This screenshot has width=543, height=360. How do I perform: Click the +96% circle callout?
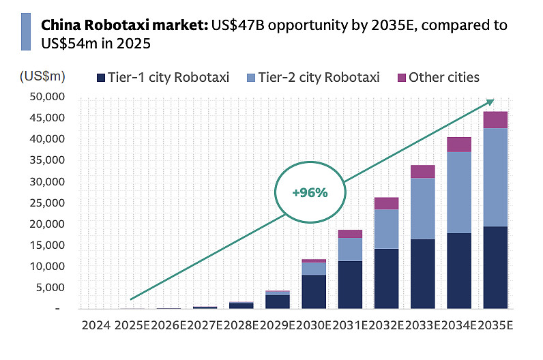pos(310,192)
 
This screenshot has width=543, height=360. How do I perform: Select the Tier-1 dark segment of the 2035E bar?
pos(495,267)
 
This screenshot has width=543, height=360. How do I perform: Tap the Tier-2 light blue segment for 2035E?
pos(495,177)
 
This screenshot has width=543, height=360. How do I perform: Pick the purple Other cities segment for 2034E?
pos(458,145)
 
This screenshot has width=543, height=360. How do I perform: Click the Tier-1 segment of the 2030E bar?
pos(313,292)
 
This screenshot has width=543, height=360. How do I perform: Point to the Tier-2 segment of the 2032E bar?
pos(386,229)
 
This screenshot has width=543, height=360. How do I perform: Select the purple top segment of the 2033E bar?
pos(422,172)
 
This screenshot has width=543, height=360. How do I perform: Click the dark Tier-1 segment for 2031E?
pos(349,285)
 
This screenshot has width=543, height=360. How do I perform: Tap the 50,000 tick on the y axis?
pos(48,97)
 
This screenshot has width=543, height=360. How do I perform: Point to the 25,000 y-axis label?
pos(48,202)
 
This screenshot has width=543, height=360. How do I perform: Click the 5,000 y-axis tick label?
pos(51,287)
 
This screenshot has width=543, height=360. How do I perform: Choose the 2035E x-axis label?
pos(496,326)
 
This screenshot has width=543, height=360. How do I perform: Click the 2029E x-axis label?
pos(277,326)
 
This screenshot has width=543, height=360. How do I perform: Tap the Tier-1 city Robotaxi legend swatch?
pos(102,77)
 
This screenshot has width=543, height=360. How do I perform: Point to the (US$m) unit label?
pos(42,76)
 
